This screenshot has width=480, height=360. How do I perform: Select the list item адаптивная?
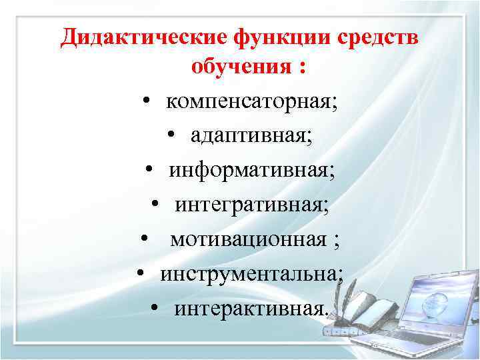coord(251,136)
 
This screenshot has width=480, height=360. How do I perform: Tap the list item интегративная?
coord(251,205)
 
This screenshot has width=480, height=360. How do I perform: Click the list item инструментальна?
coord(251,273)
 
